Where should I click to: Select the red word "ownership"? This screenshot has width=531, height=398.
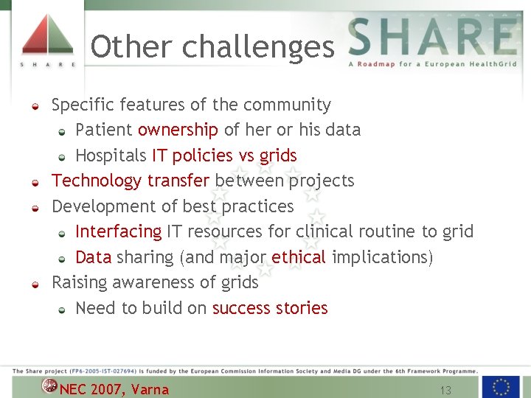178,130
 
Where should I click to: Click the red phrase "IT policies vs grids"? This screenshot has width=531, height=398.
224,156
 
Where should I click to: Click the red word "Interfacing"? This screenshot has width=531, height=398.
118,231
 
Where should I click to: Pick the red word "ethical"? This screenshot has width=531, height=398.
298,257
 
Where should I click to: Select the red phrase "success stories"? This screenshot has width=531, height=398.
270,308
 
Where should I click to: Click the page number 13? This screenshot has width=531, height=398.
445,390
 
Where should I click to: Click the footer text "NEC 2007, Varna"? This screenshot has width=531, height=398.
114,390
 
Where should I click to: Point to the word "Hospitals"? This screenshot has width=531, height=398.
111,156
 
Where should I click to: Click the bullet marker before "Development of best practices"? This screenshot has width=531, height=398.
35,208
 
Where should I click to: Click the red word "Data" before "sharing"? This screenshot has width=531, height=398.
94,257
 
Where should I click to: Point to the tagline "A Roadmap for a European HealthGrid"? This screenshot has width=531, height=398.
432,64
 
